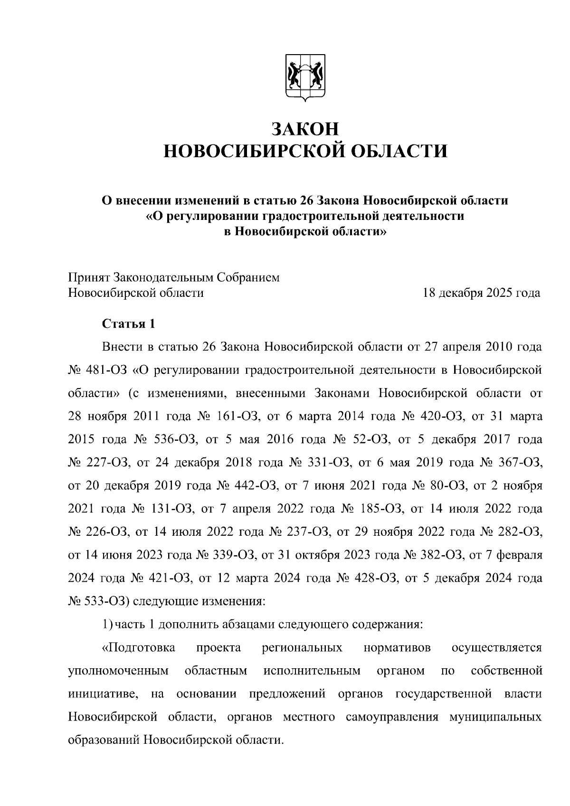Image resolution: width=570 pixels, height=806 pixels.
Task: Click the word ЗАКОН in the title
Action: point(305,129)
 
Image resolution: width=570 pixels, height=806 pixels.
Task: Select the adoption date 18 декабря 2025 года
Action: point(482,293)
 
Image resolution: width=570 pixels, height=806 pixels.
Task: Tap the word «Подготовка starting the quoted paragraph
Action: point(138,648)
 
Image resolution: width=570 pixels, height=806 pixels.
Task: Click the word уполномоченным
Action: point(119,671)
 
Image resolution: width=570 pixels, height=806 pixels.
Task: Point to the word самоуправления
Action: point(392,717)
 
